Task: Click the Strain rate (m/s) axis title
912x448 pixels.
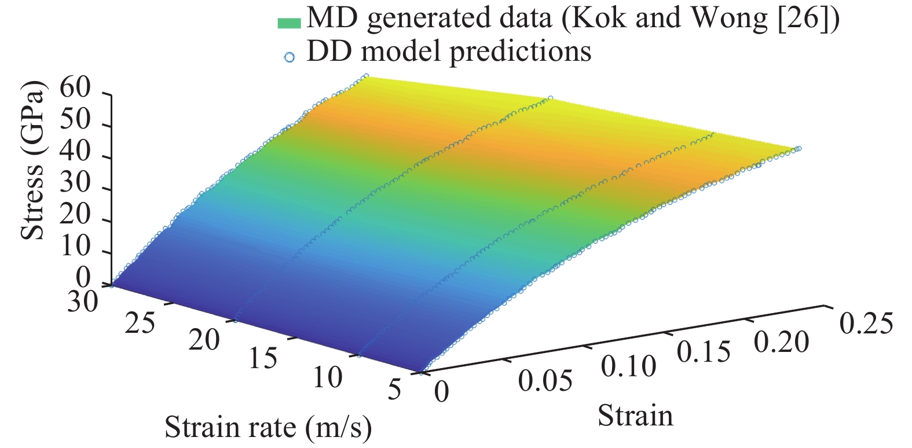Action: (268, 428)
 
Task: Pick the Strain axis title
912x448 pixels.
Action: (635, 416)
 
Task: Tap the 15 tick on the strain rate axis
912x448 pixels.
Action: (263, 359)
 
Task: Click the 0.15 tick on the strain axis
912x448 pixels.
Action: (704, 352)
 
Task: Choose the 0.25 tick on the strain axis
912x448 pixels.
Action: (866, 323)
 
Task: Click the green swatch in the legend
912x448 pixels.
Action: (289, 23)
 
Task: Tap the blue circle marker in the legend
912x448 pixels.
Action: (290, 57)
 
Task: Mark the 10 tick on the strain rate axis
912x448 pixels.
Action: (328, 378)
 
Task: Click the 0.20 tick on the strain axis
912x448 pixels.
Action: (781, 343)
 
